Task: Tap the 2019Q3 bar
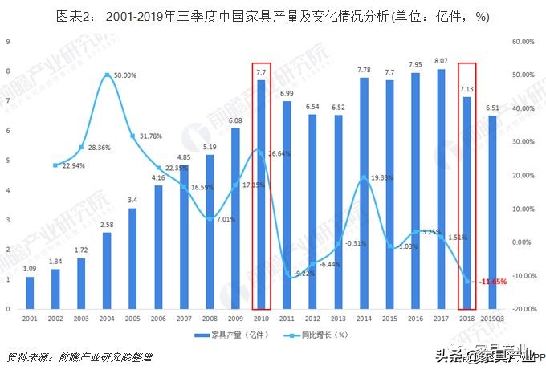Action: [491, 212]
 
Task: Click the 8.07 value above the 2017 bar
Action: [441, 61]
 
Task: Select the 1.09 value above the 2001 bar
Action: [30, 268]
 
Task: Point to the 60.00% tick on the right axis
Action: [524, 41]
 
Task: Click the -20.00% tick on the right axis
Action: [523, 309]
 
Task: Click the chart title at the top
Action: [273, 15]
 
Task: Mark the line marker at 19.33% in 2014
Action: [364, 178]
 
